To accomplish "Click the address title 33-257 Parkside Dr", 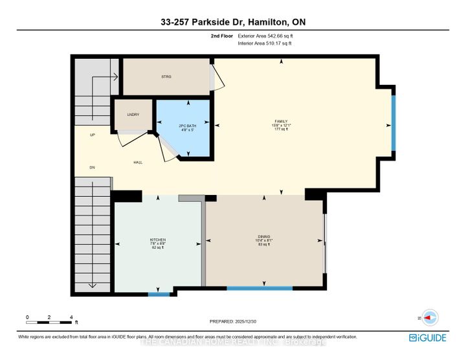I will [x=232, y=22].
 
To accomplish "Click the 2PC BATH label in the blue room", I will [x=185, y=125].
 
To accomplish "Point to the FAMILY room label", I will [x=280, y=120].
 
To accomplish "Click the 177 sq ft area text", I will [x=280, y=129].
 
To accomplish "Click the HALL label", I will [x=138, y=162].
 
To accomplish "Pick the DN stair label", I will [x=93, y=167].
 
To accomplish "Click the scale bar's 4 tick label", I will [x=71, y=317].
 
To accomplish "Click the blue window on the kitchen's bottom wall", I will [x=159, y=295].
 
